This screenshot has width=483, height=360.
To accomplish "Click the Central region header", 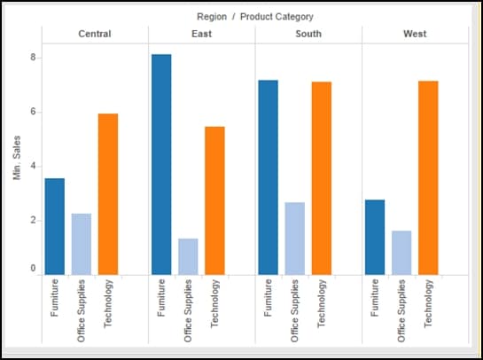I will point(95,34).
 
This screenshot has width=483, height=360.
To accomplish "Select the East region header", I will point(201,34).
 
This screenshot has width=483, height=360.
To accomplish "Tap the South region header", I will point(308,34).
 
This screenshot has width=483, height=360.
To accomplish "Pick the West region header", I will point(415,34).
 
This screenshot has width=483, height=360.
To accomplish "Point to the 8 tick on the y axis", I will point(34,59).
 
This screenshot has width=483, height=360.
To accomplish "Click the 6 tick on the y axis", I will point(34,113).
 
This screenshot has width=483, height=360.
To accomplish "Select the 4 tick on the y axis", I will point(34,167).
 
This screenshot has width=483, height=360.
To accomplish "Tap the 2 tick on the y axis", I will point(34,221).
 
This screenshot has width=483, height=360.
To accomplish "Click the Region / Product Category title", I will point(255,16).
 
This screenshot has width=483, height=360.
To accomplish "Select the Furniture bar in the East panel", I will point(161,164).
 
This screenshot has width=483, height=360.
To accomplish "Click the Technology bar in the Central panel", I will point(108,193).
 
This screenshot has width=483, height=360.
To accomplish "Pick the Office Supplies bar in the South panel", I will point(294,238).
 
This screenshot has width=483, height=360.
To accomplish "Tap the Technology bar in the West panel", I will point(428,177).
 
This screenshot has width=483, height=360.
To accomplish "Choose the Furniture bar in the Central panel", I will point(55,226).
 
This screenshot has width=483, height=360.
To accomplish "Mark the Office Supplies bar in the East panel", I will point(188,256).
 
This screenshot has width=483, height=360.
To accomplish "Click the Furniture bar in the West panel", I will point(375,237).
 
